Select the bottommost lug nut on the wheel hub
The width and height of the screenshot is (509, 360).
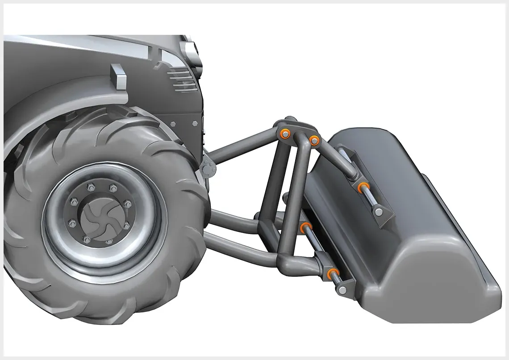(x=108, y=242)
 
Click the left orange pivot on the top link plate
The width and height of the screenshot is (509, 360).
(x=284, y=133)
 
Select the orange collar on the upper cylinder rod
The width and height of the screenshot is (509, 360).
(x=362, y=187)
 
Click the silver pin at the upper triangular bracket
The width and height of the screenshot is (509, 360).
(x=379, y=212)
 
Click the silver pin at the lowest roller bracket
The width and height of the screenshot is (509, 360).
(x=342, y=290)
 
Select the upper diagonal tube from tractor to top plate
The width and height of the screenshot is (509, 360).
(x=241, y=144)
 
